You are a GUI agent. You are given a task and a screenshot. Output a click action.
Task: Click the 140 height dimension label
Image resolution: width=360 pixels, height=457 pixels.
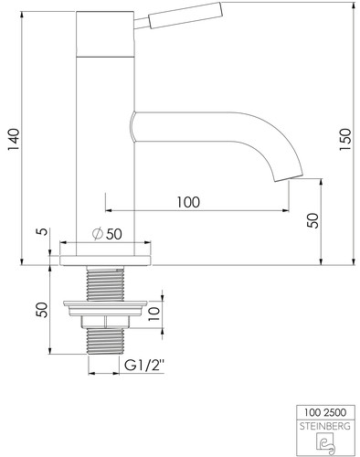coord(14,140)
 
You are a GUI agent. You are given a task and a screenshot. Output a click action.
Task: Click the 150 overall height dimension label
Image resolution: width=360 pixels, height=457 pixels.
coord(345,140)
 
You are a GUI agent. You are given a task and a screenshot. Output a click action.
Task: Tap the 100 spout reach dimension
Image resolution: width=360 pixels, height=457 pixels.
coord(188,202)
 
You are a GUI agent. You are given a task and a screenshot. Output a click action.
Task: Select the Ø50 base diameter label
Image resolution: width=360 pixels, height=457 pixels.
coord(107,234)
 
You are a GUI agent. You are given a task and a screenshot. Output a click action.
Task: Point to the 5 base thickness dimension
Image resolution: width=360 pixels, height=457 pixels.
coord(44,231)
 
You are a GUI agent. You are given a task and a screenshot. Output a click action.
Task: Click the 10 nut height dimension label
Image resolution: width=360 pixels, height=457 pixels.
coord(154,314)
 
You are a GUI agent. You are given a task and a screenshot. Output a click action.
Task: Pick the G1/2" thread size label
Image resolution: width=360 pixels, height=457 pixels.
coord(144,365)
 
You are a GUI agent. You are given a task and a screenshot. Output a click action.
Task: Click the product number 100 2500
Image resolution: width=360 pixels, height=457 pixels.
coord(325,412)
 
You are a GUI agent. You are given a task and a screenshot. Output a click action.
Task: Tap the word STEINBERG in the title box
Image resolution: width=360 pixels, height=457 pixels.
coord(325,426)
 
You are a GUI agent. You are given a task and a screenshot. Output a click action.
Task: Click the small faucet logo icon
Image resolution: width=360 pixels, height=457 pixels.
coord(325,443)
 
